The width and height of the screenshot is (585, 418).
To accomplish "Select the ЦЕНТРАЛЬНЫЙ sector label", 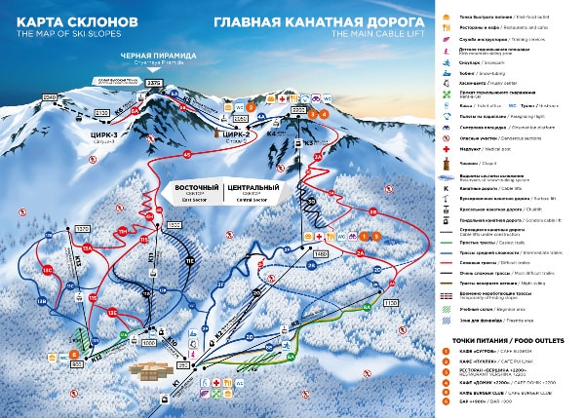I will pyautogui.click(x=253, y=186).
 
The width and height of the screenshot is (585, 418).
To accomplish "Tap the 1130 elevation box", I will pyautogui.click(x=392, y=304).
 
